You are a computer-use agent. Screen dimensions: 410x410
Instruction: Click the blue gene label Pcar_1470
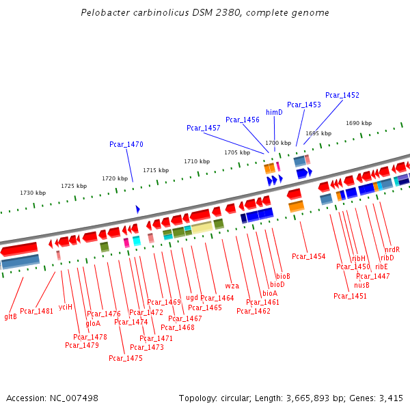coord(126,144)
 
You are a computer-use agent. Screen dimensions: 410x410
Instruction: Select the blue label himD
coord(274,112)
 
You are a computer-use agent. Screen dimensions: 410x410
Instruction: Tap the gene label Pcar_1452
coord(342,95)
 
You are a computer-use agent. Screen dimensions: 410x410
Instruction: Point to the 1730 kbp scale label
coord(33,193)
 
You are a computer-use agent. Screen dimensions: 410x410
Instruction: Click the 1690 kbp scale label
coord(359,123)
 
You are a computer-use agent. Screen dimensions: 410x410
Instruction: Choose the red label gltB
coord(11,316)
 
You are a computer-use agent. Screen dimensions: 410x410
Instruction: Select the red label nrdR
coord(392,249)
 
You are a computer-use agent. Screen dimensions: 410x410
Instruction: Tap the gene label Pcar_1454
coord(309,256)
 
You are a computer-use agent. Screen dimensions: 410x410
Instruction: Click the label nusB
coord(361,285)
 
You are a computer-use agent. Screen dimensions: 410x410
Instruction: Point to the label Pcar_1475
coord(125,358)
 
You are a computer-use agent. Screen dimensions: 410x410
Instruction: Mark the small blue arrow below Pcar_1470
coord(137,208)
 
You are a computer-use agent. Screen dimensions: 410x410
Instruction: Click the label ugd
coord(192,297)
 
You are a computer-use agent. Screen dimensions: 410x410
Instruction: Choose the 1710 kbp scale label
coord(197,161)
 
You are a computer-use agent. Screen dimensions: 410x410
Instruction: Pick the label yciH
coord(66,307)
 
